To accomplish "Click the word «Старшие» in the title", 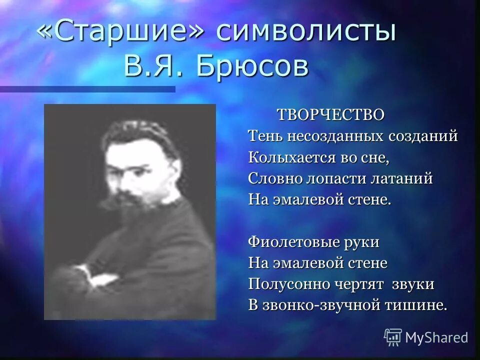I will (123, 33).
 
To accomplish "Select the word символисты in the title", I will (306, 33).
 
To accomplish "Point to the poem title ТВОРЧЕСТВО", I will (331, 114).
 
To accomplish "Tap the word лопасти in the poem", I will (332, 178).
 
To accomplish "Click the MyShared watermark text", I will (436, 337).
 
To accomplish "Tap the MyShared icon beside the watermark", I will (392, 337).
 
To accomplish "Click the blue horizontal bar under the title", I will (87, 89).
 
